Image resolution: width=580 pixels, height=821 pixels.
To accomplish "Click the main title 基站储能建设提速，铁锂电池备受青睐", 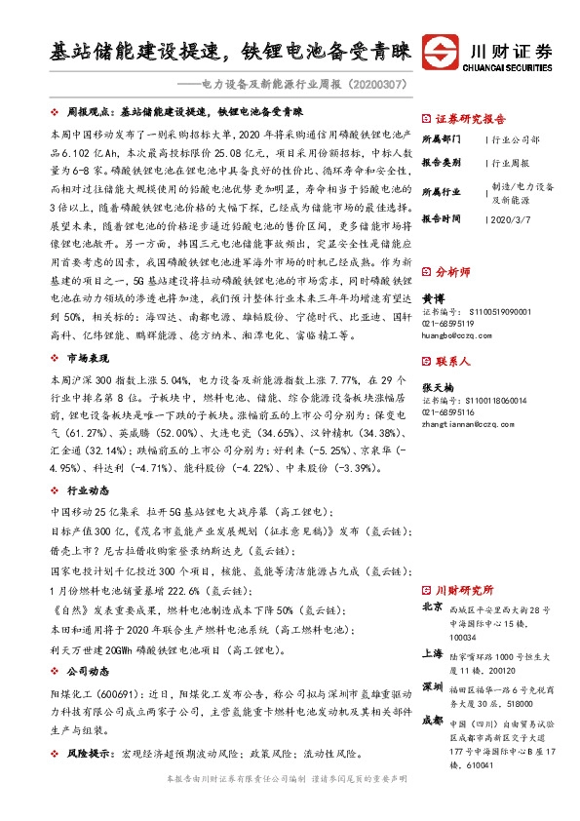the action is point(231,52).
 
